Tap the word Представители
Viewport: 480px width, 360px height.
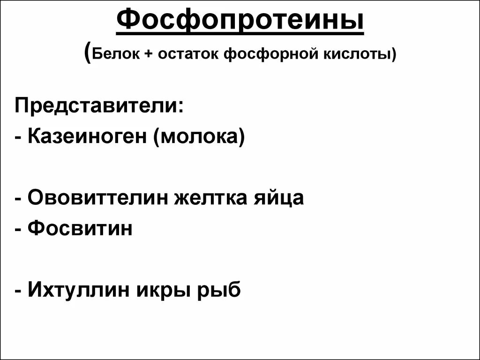(x=97, y=106)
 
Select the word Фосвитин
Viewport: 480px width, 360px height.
(x=80, y=228)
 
